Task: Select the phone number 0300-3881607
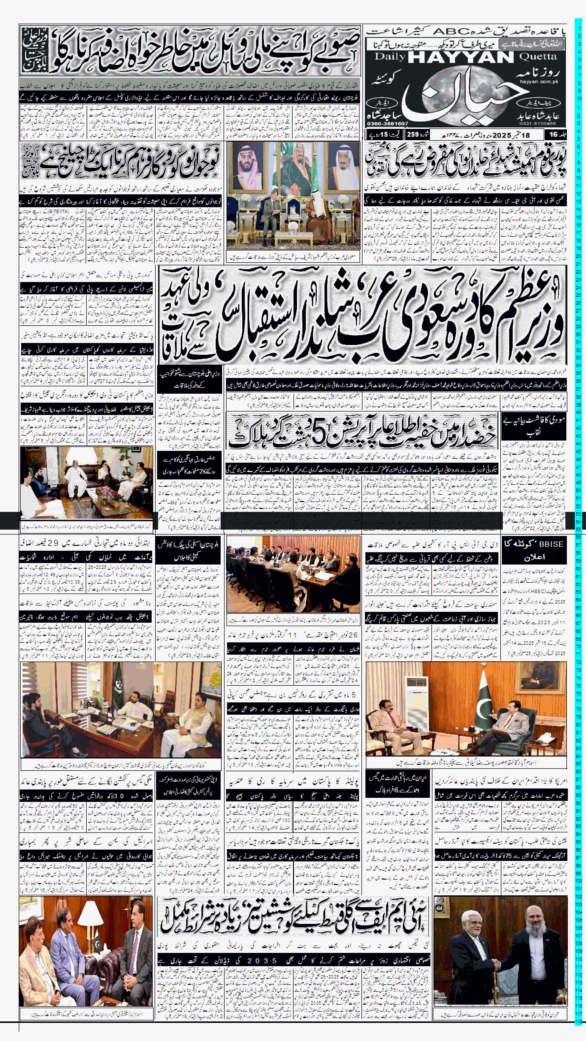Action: point(387,123)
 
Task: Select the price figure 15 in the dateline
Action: point(383,135)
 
